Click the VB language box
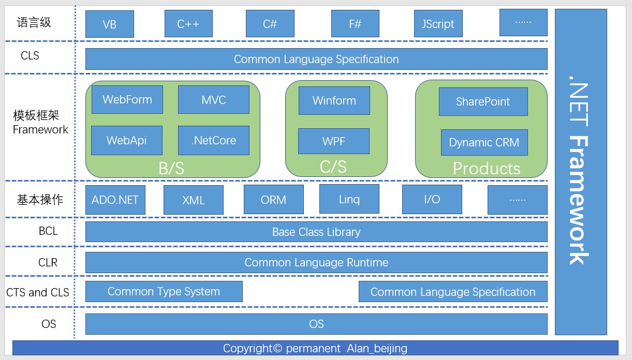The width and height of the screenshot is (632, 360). (x=109, y=24)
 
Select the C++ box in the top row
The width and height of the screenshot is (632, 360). (x=188, y=24)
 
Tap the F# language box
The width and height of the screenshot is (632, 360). (x=355, y=24)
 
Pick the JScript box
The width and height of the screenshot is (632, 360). (x=438, y=24)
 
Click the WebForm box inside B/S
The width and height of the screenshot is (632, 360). (x=127, y=99)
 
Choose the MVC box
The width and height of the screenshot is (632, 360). (x=214, y=99)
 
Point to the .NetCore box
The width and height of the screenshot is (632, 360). (x=214, y=140)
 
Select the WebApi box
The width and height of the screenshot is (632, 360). (x=127, y=140)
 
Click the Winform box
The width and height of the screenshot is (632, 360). (x=334, y=100)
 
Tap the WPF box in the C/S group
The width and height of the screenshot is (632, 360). (x=334, y=141)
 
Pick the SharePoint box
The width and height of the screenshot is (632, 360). (x=483, y=101)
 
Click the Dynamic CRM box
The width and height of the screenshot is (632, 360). (x=484, y=142)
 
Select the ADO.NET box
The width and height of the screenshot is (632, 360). (x=115, y=200)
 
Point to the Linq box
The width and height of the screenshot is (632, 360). (x=349, y=199)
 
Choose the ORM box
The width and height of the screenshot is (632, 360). (x=274, y=200)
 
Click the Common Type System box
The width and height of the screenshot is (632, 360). (x=164, y=292)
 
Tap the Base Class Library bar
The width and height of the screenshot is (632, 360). (x=316, y=232)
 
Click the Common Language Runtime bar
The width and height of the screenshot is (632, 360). (x=316, y=262)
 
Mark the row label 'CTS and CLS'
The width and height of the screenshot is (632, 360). (x=38, y=292)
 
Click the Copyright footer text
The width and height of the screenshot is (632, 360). (x=315, y=348)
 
